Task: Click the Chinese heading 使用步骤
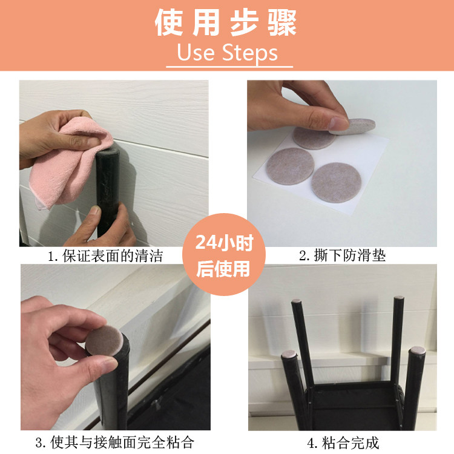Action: [x=226, y=22]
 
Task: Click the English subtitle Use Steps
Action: [x=227, y=53]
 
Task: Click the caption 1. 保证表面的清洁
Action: [x=105, y=256]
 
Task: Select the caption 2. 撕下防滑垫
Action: [x=342, y=255]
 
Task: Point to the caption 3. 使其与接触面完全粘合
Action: [x=114, y=442]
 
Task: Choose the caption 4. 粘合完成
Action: [x=343, y=442]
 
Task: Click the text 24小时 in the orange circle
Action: [x=224, y=242]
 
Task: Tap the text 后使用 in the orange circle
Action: [x=223, y=269]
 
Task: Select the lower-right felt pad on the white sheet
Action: [x=336, y=182]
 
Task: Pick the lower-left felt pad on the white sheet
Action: [x=290, y=166]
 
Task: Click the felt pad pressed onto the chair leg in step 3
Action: [x=104, y=341]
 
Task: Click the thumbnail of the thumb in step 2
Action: [x=338, y=123]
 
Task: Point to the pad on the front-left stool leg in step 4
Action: [x=289, y=354]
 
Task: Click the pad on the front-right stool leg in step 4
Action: [x=417, y=350]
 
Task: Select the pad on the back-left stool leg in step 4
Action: [x=296, y=301]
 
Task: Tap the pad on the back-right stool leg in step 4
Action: [x=399, y=297]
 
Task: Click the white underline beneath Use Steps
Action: [x=229, y=67]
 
